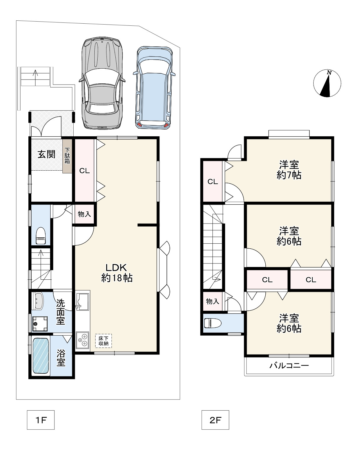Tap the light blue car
(x=154, y=88)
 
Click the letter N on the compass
(x=329, y=73)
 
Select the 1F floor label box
(x=41, y=420)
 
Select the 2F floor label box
(x=215, y=420)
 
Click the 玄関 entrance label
(x=46, y=154)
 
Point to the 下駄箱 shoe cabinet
(x=67, y=156)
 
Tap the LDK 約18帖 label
(x=117, y=273)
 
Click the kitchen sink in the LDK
(x=83, y=302)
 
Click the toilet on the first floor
(x=41, y=235)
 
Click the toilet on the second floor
(x=212, y=323)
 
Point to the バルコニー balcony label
(x=289, y=365)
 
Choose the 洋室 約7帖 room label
(x=289, y=170)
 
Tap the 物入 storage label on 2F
(x=212, y=301)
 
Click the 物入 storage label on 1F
(x=84, y=214)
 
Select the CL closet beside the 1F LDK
(x=85, y=171)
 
